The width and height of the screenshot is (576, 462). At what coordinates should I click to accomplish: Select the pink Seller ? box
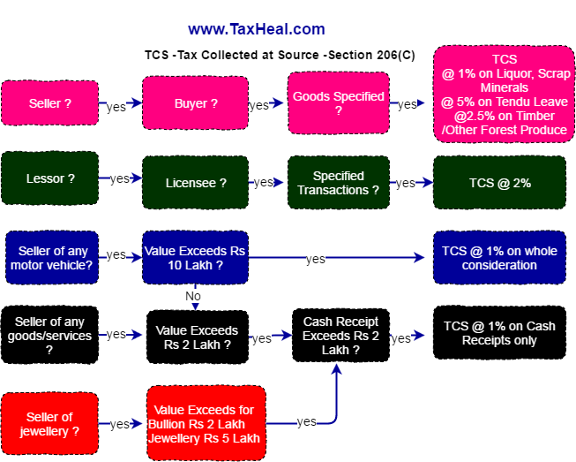tap(49, 103)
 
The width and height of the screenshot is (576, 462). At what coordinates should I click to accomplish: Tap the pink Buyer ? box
tap(195, 103)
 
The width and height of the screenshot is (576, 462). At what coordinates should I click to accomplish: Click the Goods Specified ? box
tap(339, 103)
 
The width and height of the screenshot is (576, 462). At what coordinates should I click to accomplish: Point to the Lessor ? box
tap(49, 178)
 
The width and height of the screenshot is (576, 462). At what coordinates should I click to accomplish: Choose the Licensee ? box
tap(195, 183)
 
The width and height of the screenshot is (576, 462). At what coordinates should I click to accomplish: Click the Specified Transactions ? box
tap(339, 183)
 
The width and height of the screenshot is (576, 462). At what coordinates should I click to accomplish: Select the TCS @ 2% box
tap(499, 183)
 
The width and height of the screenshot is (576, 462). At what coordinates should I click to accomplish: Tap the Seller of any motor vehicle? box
tap(51, 257)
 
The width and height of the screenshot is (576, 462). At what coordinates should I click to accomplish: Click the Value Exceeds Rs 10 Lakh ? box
tap(195, 258)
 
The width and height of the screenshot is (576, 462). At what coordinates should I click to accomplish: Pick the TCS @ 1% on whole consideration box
tap(499, 258)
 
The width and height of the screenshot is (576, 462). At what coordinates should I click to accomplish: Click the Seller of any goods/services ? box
tap(49, 335)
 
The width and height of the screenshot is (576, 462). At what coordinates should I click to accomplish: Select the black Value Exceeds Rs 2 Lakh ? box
tap(196, 337)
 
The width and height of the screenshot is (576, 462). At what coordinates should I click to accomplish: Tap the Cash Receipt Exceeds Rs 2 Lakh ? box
tap(340, 336)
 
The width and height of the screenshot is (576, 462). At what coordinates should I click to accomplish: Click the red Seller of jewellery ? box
tap(49, 424)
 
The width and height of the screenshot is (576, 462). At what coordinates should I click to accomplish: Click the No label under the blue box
tap(193, 296)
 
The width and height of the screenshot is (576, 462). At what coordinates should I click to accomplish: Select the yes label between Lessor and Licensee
tap(120, 179)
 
